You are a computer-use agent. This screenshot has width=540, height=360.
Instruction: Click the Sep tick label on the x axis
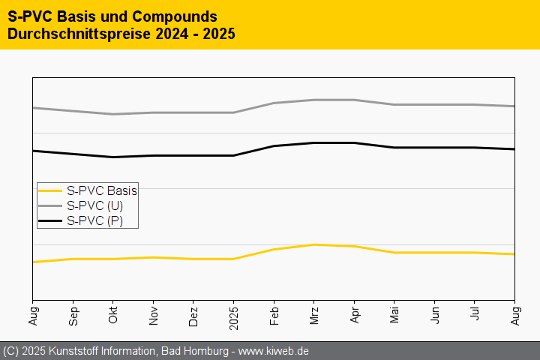point(73,315)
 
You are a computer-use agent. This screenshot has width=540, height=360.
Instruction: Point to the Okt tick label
point(113,315)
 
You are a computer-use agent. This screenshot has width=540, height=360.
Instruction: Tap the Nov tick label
point(154,315)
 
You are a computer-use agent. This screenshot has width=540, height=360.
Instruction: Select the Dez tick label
point(193,315)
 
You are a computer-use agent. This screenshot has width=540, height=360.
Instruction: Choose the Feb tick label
point(274,315)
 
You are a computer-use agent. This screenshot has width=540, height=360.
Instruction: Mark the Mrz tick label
point(314,315)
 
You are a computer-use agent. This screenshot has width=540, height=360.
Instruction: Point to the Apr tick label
point(355,315)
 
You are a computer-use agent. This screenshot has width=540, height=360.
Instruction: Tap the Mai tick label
point(394,315)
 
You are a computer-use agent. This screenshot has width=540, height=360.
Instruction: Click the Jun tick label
point(435,315)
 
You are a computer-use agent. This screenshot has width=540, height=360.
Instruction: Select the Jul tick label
point(475,315)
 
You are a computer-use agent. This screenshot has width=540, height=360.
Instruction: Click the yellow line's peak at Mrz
point(314,244)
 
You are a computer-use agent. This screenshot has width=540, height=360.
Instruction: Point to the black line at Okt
point(113,157)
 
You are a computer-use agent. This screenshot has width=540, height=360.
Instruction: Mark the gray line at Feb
point(274,103)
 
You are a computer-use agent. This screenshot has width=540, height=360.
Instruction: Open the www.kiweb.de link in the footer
point(274,351)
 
